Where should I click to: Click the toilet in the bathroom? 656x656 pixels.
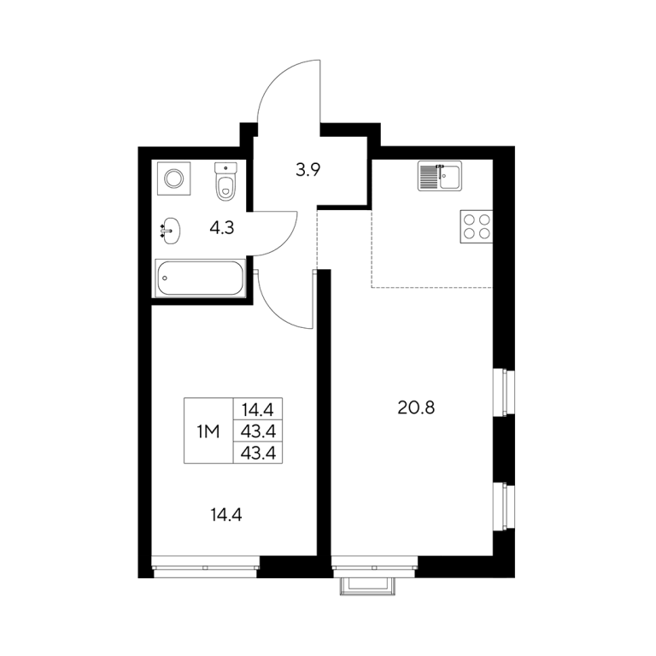[225, 182]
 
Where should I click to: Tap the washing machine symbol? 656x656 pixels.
[173, 179]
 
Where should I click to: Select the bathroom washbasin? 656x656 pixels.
[171, 231]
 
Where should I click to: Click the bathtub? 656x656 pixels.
[200, 278]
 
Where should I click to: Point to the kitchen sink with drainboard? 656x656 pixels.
[440, 176]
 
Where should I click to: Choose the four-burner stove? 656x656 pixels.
[477, 226]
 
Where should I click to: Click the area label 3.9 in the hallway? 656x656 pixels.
[307, 170]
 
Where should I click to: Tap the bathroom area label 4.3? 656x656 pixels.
[222, 228]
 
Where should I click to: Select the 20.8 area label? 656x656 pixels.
[416, 407]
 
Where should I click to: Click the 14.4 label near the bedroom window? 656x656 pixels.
[226, 515]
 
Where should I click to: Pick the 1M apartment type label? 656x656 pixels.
[208, 431]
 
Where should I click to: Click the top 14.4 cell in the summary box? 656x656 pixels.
[258, 410]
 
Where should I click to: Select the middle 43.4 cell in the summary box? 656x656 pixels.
[258, 431]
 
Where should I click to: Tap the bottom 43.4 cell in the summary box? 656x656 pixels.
[258, 453]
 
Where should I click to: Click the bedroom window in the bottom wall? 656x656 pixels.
[205, 567]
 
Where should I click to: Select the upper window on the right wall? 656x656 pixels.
[503, 392]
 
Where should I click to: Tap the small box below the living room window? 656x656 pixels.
[367, 586]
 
